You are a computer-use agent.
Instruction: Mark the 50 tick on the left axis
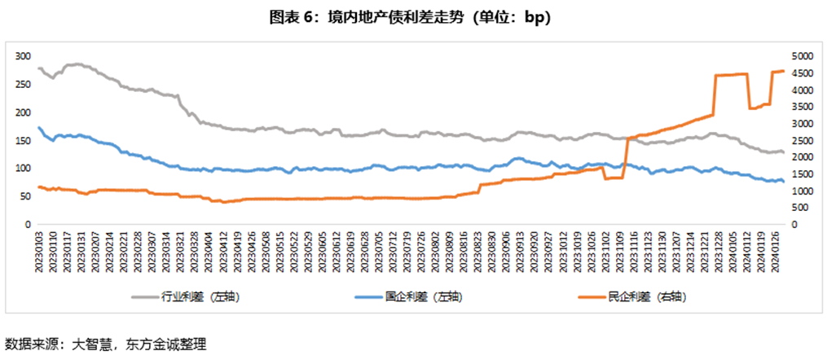tap(24, 196)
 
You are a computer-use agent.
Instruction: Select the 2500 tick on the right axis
tap(800, 140)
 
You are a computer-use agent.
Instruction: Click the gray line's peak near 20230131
tap(78, 64)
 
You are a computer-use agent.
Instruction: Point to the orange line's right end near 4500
tap(783, 71)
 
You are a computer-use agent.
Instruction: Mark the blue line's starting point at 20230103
tap(39, 127)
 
